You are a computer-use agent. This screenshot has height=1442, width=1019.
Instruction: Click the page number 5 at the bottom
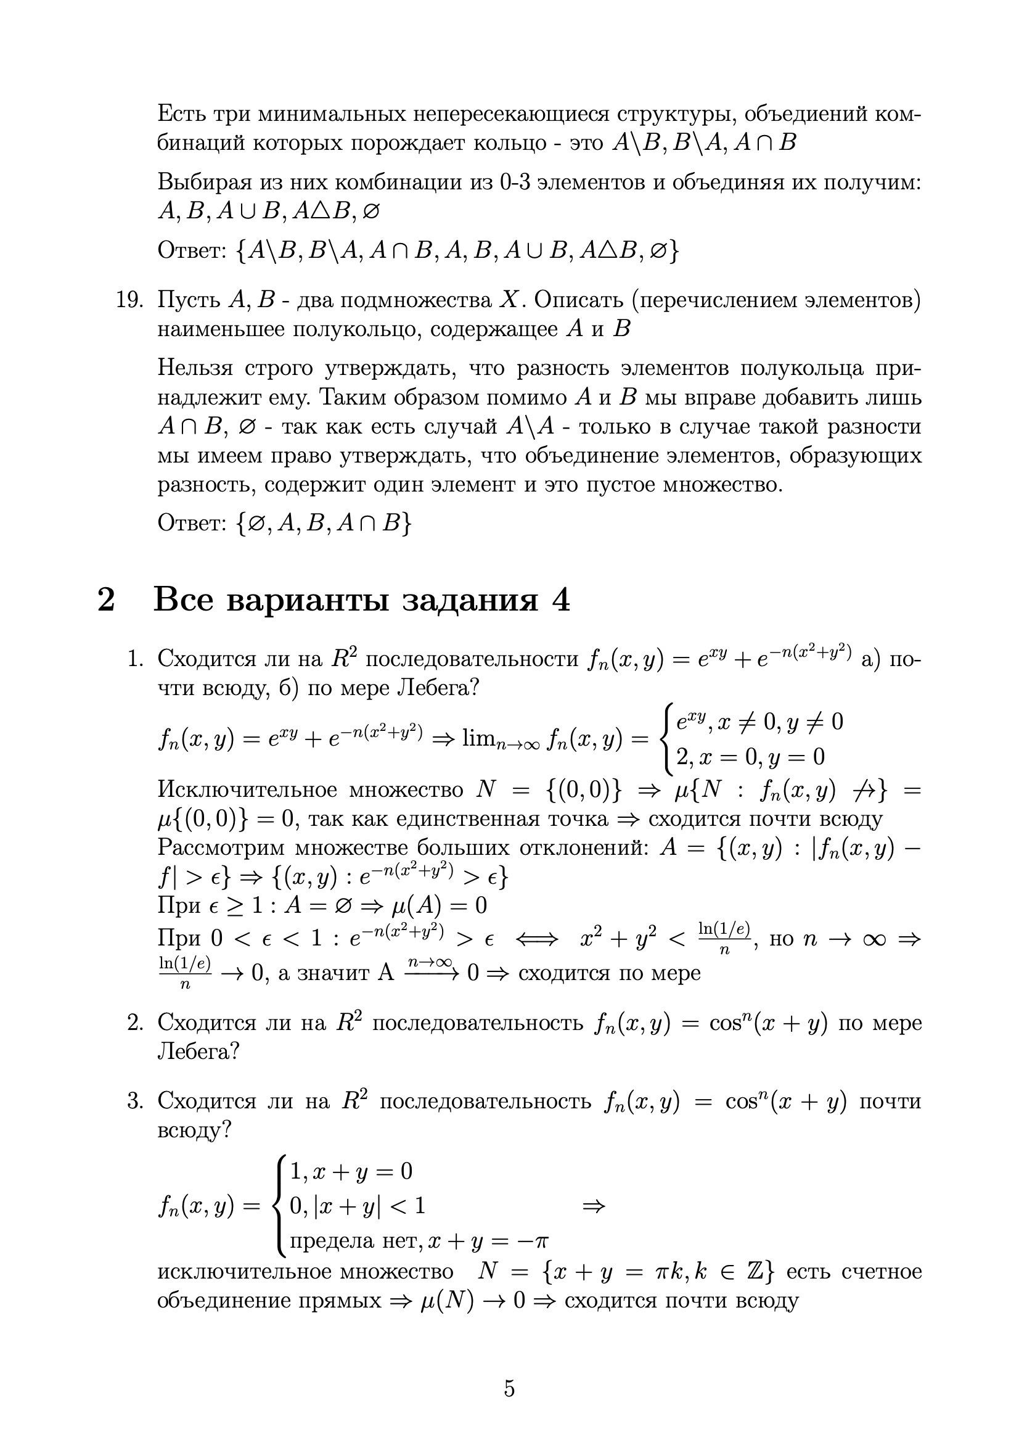509,1388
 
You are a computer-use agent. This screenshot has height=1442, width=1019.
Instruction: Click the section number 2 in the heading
107,599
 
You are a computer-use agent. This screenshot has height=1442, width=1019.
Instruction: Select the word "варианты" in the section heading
308,599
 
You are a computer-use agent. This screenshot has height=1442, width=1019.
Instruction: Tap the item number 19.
131,300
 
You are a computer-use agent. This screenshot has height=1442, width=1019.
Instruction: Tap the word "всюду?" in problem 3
194,1130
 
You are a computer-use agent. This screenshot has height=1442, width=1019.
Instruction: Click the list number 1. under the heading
136,659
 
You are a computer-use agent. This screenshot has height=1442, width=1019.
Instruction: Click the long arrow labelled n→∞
430,972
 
